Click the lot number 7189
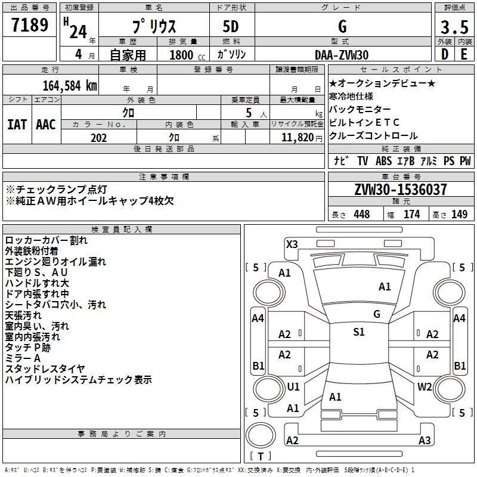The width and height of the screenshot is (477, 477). coord(30,24)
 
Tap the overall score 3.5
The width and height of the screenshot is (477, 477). coord(454,27)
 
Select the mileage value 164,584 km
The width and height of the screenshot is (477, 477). coord(70,86)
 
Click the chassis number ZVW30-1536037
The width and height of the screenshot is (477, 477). coord(401,189)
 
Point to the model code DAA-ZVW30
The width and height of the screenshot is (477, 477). coord(342,55)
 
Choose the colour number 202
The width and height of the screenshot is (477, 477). coord(98,138)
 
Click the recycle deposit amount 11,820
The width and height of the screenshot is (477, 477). coord(298,138)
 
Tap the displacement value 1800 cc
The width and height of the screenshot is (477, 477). coord(187,55)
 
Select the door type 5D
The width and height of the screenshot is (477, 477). coord(231,27)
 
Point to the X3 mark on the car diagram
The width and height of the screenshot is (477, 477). coord(292,244)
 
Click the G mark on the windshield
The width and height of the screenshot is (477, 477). coord(377,314)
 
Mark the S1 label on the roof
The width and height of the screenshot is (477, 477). coord(359,332)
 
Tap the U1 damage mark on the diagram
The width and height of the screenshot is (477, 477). coord(293,386)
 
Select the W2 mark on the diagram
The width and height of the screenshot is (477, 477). coord(425,386)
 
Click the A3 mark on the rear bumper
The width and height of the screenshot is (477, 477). coord(425,440)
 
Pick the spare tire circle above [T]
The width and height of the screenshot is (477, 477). coord(261,435)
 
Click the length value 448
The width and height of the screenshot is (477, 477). coord(362,214)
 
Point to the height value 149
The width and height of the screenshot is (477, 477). coord(459,214)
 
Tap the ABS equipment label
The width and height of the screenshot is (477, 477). coord(383,161)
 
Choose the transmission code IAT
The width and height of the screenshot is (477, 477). coord(17,125)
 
